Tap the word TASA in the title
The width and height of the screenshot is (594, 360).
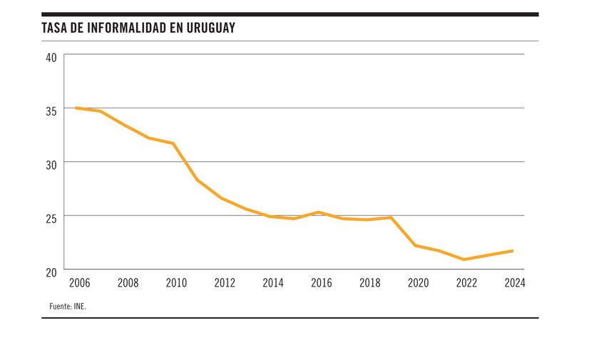pos(54,29)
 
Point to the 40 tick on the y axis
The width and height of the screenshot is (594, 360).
pos(51,57)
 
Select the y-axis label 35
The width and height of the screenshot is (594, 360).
pos(51,110)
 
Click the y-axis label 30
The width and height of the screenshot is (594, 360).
pos(51,164)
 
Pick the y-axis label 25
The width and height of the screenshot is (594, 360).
pos(51,217)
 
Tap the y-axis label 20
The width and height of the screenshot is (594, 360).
pos(51,272)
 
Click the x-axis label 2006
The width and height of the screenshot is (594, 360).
pos(79,283)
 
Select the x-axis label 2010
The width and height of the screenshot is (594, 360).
pos(176,283)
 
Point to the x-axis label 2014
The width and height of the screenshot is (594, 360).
pos(272,283)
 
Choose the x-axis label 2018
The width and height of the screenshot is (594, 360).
pos(369,283)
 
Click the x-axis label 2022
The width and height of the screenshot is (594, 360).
pos(466,283)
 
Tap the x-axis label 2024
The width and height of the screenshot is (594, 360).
pos(514,283)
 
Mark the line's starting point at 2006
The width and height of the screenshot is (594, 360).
pos(76,108)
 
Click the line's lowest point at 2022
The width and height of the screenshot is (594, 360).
pos(464,259)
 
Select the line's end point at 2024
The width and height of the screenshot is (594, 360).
pos(512,250)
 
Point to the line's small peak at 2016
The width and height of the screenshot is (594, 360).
pos(318,212)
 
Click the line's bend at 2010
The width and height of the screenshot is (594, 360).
pos(173,143)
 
